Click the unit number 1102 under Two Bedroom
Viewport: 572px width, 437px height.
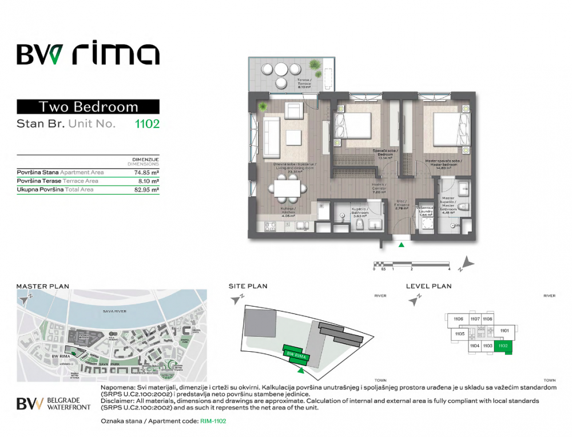coord(146,123)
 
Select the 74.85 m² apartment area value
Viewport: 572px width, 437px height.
coord(146,172)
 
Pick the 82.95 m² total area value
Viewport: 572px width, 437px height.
coord(146,189)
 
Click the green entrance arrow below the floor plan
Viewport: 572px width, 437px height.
coord(402,245)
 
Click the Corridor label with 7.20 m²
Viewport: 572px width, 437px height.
coord(380,188)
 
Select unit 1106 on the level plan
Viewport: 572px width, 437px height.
coord(458,319)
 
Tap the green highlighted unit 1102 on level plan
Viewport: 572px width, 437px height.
coord(503,345)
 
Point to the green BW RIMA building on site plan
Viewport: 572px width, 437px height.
coord(296,355)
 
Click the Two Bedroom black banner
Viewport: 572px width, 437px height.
coord(88,106)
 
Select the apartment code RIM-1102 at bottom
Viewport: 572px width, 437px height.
coord(213,422)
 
